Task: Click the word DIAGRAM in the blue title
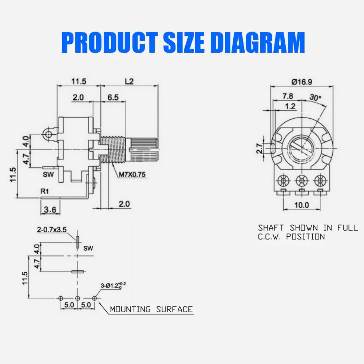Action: tap(258, 43)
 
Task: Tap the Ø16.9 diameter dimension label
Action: tap(301, 82)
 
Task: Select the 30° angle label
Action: tap(315, 97)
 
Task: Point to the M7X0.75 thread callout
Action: tap(132, 174)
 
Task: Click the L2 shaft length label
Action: tap(129, 82)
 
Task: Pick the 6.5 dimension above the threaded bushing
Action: tap(113, 97)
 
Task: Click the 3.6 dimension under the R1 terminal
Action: tap(50, 210)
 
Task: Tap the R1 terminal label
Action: tap(45, 191)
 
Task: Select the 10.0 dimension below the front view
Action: tap(301, 205)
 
